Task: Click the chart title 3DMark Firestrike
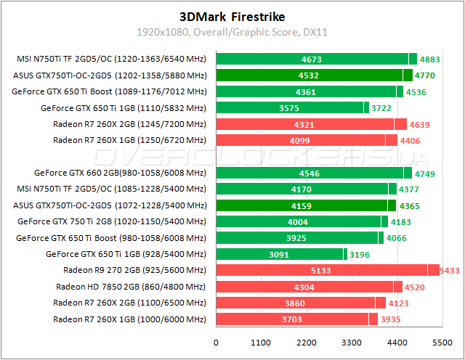click(232, 16)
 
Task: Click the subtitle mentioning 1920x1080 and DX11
click(232, 32)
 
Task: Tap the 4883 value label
click(431, 60)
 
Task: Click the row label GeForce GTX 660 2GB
click(121, 173)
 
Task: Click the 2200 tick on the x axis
click(307, 342)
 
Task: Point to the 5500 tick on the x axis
click(442, 342)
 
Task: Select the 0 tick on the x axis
click(216, 342)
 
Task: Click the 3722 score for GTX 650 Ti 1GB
click(381, 108)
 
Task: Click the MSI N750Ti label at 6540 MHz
click(111, 60)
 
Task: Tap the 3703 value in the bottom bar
click(291, 319)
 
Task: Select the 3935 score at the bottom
click(390, 319)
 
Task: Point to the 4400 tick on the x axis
click(397, 342)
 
